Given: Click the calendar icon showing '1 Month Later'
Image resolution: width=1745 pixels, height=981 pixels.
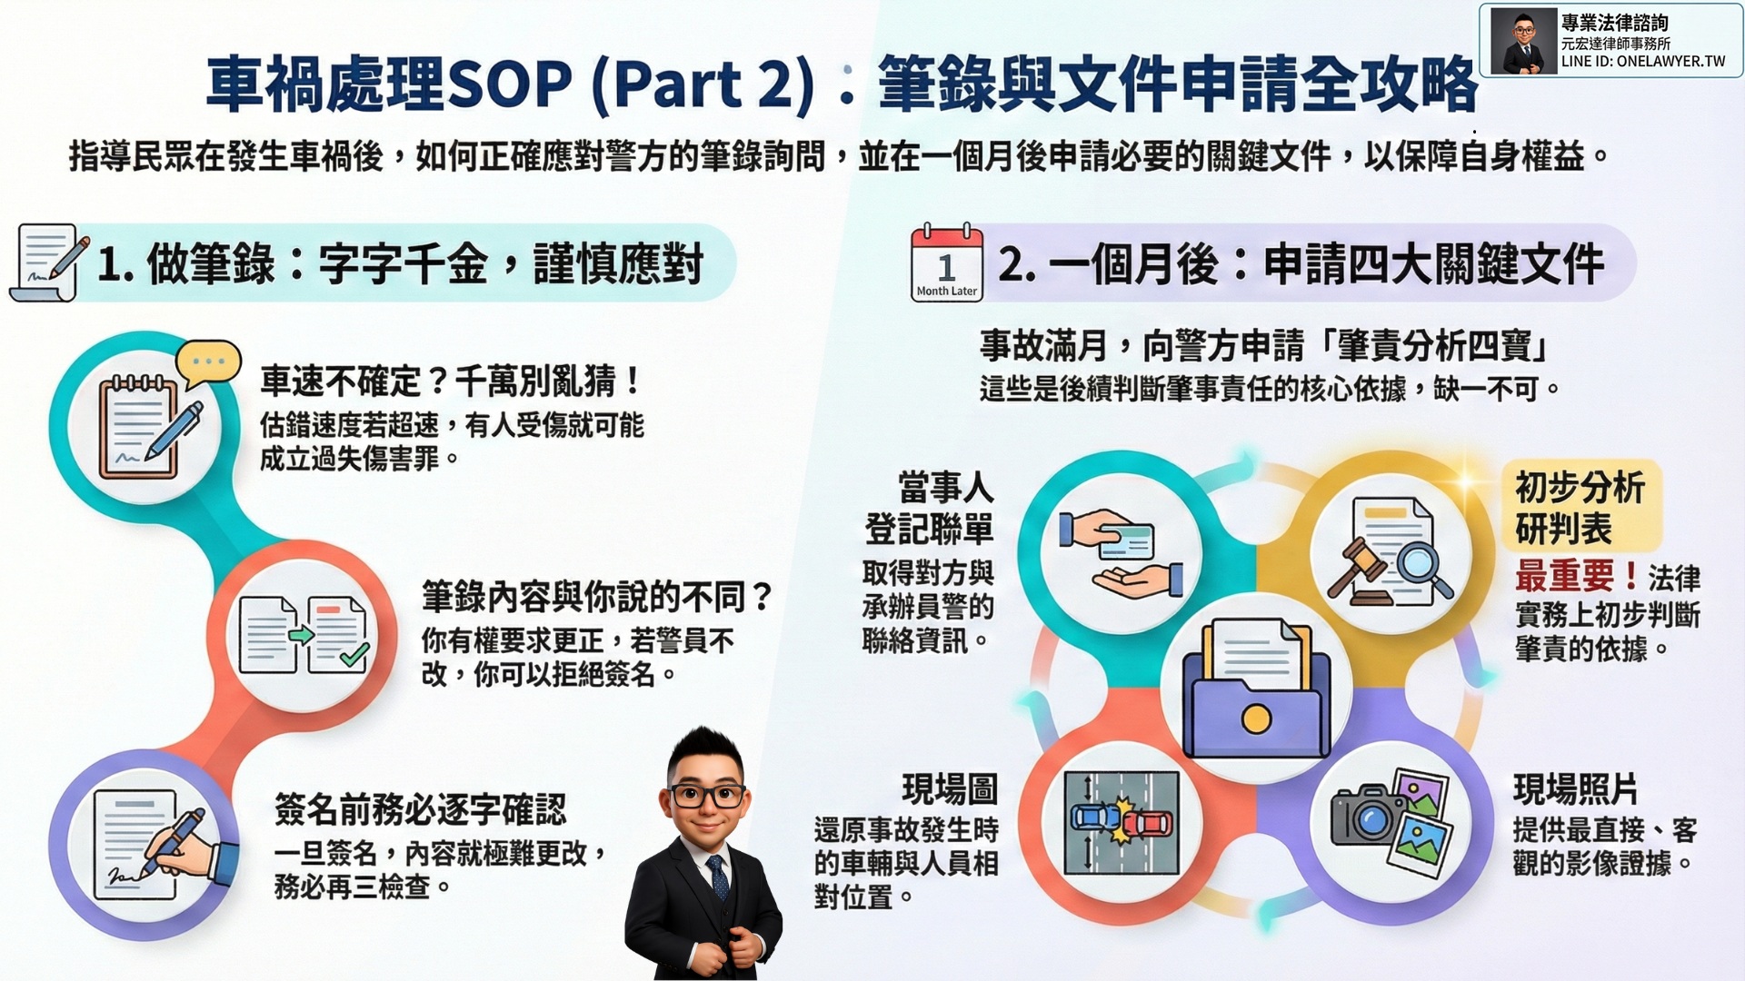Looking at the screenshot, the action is coord(947,262).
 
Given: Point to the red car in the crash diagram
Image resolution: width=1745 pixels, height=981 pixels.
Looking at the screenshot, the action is coord(1147,824).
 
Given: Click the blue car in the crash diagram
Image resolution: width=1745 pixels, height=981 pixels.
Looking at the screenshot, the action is coord(1097,816).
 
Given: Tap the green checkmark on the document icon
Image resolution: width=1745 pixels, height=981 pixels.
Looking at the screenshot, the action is coord(354,654).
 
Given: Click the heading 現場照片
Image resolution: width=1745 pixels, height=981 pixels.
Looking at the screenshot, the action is coord(1575,789).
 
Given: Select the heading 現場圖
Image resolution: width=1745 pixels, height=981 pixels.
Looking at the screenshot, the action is coord(950,789).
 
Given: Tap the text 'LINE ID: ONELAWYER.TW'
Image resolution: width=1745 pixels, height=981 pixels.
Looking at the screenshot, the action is coord(1643,62).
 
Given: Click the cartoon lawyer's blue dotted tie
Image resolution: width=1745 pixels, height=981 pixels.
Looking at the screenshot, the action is coord(718,877).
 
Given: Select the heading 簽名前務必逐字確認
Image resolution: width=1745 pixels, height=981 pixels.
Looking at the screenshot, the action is coord(420,808).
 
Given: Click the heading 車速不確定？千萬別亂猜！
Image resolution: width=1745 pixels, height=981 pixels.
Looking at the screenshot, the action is coord(452,381).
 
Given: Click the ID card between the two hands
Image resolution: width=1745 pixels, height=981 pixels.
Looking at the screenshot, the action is coord(1125,541).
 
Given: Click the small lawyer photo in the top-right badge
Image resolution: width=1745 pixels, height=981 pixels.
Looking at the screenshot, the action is coord(1523,41).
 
